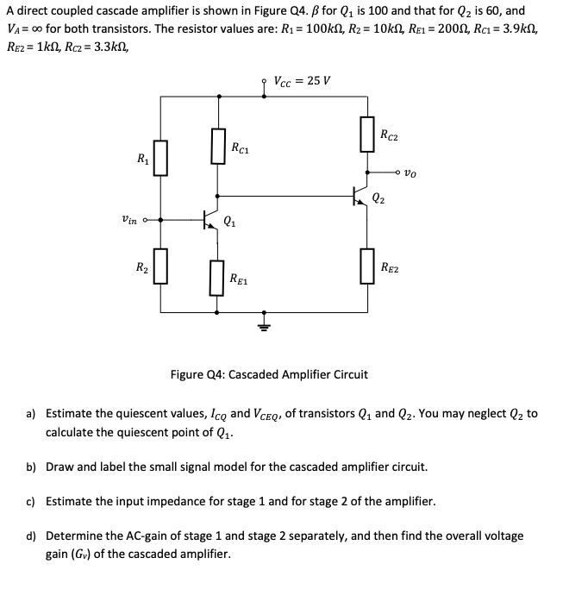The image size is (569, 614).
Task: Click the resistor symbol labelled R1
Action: point(160,161)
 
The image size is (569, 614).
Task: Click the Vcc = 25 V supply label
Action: point(297,82)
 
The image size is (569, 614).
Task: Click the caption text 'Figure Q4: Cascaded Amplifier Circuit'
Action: point(269,374)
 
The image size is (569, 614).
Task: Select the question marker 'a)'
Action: point(30,414)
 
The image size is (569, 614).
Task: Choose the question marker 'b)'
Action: point(30,467)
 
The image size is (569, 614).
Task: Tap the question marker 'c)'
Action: point(30,501)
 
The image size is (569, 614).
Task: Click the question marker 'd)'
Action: point(30,536)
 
